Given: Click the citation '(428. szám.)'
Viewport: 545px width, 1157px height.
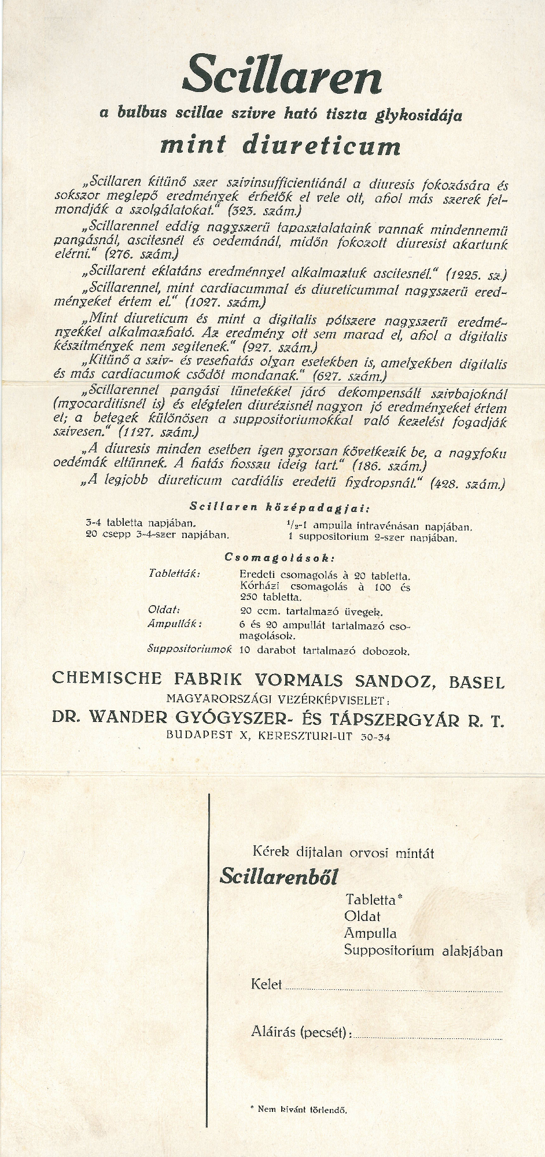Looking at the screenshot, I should coord(468,484).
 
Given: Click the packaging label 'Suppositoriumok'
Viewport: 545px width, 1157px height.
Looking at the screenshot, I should coord(190,648).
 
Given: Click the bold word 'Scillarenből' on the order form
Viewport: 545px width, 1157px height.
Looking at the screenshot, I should coord(278,876).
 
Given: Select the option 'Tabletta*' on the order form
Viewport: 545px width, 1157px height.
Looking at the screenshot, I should coord(373,900).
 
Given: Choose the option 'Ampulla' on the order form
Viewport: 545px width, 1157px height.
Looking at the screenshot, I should coord(370,933).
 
